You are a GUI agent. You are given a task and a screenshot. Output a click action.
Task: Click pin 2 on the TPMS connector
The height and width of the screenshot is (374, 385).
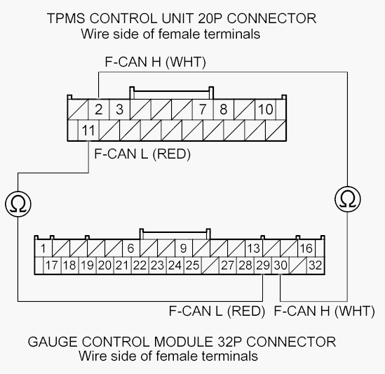point(98,109)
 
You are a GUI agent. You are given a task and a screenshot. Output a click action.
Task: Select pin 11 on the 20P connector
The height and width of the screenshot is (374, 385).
point(88,131)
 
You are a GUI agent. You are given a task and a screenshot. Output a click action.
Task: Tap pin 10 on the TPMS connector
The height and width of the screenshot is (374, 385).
point(265,109)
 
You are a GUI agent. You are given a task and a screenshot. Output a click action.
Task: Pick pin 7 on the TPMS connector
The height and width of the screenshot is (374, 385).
point(203,109)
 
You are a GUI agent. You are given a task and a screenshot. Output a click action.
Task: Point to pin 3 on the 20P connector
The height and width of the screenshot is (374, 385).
point(119,109)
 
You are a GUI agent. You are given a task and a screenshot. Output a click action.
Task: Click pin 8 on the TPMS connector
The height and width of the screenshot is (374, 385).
point(224,109)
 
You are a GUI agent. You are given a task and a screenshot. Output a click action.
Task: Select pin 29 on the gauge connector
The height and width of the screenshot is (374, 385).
point(263,265)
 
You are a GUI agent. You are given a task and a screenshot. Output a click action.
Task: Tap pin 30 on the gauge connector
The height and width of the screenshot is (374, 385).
point(281,265)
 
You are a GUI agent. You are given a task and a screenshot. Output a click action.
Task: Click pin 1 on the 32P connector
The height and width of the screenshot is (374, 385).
point(43,248)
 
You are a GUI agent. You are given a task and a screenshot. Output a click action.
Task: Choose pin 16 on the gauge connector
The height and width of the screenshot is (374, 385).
point(306,248)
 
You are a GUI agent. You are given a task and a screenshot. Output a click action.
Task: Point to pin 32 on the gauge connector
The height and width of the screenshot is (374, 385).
point(316,265)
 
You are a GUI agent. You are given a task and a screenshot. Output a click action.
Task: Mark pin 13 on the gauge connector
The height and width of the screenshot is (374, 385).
point(254,248)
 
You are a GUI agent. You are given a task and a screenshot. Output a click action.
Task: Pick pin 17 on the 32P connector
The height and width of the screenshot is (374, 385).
point(52,265)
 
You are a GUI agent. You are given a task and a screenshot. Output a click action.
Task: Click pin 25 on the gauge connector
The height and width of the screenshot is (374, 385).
point(193,265)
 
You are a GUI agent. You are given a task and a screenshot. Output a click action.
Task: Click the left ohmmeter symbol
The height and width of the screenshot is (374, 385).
point(18,204)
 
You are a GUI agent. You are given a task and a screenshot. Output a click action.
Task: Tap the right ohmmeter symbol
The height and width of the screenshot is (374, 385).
point(348,199)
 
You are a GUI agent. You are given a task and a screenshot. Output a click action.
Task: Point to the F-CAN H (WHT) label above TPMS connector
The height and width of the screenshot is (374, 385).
point(155,62)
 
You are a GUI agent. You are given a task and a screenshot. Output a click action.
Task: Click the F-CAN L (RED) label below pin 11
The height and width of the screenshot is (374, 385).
point(142,154)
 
